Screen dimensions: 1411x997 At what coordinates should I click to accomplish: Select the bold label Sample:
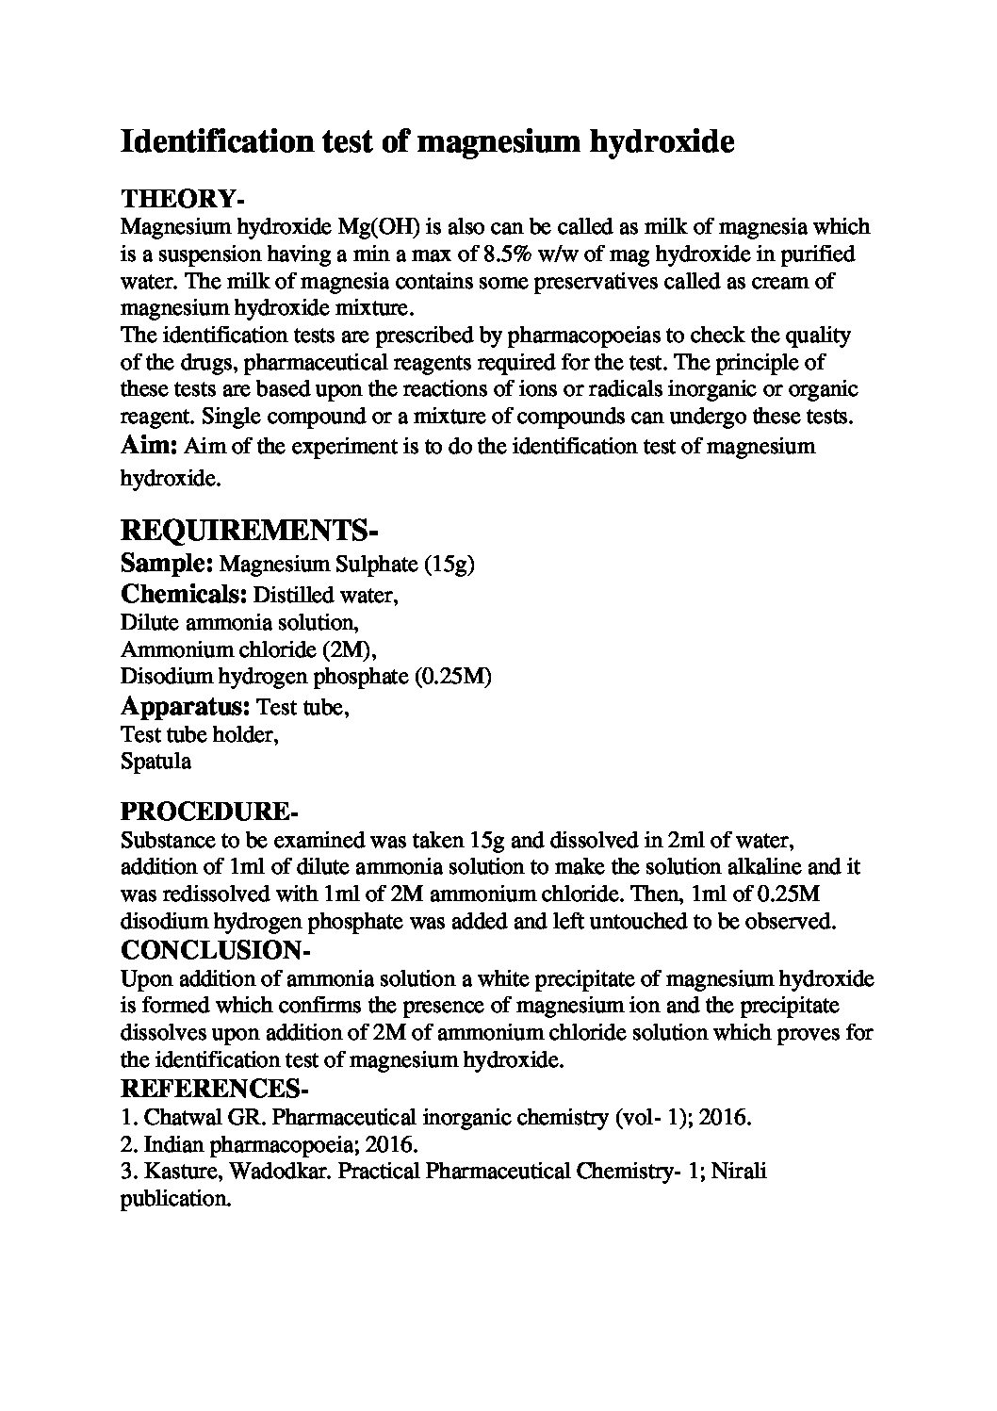pyautogui.click(x=167, y=565)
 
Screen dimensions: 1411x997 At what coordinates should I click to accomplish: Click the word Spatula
pyautogui.click(x=155, y=761)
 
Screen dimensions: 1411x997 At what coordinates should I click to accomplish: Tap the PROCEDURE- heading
pyautogui.click(x=209, y=812)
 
